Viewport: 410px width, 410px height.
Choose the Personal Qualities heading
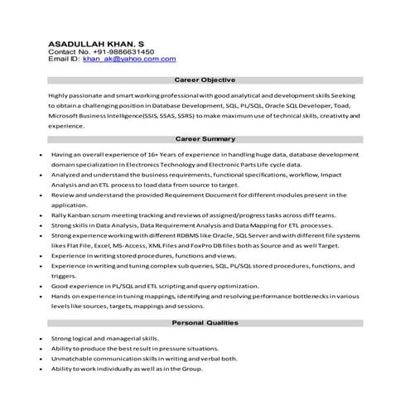pyautogui.click(x=205, y=321)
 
